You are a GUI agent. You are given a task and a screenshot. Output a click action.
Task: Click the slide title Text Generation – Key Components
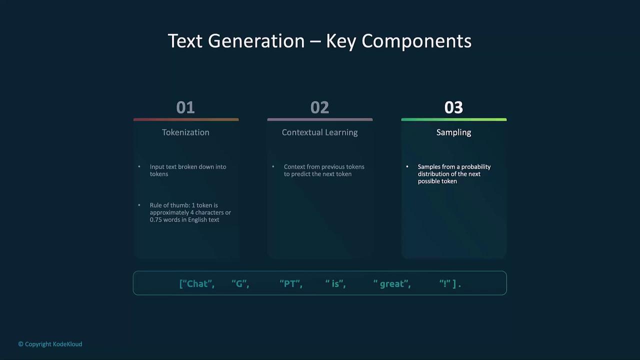click(319, 41)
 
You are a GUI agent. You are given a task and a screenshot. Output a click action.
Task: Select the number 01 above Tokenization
click(185, 107)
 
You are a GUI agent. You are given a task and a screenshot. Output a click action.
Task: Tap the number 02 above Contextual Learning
click(319, 107)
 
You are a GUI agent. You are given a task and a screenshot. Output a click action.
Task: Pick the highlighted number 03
click(453, 107)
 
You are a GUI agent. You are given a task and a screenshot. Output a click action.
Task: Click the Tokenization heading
click(185, 132)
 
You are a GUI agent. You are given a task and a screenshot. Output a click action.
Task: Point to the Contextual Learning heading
click(319, 132)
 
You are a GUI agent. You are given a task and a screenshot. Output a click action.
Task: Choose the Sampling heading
click(453, 132)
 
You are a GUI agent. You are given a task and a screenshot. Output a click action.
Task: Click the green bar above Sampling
click(453, 119)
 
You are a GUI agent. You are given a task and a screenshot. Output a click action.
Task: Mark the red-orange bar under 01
click(186, 119)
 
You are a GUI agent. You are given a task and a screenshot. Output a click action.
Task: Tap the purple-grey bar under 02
click(320, 119)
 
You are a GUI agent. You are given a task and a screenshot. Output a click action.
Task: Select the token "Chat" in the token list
click(197, 283)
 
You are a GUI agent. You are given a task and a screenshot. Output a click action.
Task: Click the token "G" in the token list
click(240, 283)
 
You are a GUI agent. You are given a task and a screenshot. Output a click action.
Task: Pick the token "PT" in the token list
click(291, 283)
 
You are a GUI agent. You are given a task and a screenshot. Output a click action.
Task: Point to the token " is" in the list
click(335, 283)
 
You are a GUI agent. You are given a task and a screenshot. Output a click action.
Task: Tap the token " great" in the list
click(392, 283)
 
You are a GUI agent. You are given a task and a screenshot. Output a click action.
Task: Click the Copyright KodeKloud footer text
click(50, 344)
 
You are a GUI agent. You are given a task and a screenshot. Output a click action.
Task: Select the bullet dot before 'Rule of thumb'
click(139, 205)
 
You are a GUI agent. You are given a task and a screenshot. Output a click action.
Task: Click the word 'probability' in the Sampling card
click(475, 167)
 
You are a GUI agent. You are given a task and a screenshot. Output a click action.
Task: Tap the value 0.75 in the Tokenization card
click(155, 219)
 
